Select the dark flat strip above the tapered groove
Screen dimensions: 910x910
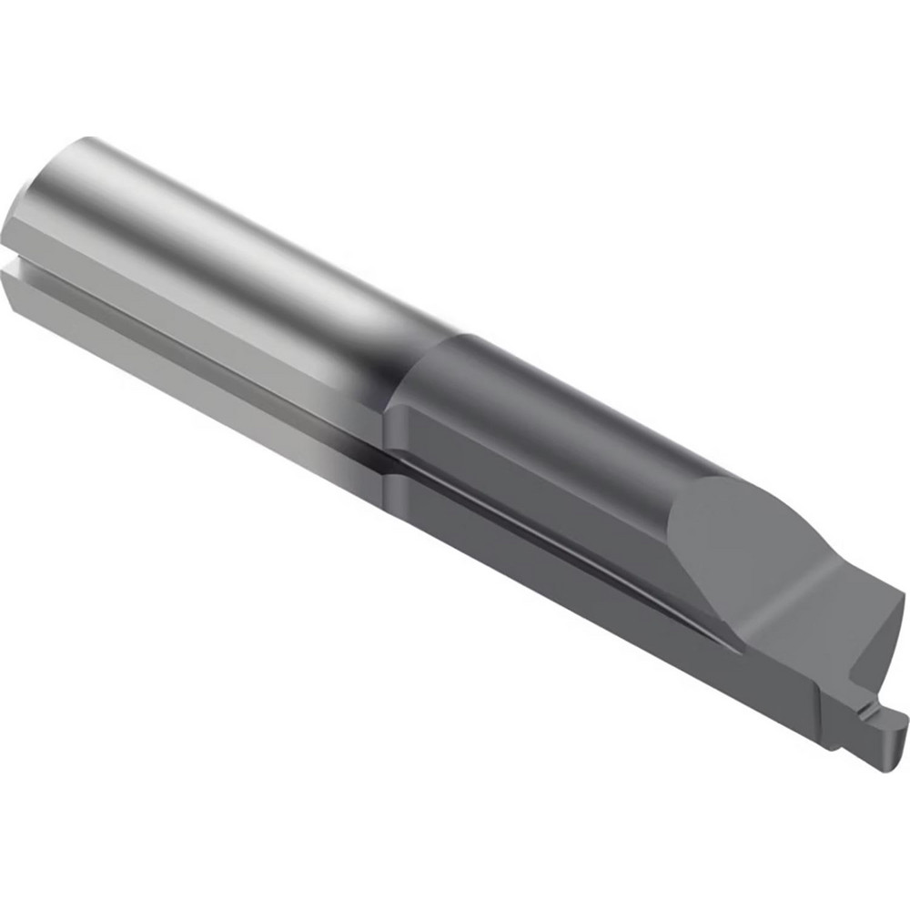[x=546, y=491]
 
